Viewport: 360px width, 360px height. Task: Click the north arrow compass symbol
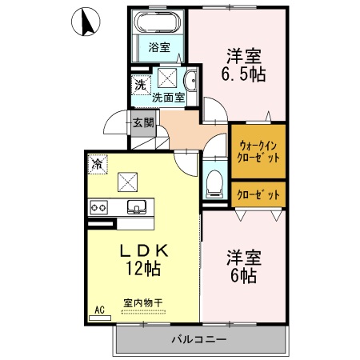click(86, 22)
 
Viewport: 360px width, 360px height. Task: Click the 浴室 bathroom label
click(159, 47)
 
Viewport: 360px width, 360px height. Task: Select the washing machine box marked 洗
click(141, 86)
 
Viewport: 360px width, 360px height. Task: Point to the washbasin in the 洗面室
click(191, 81)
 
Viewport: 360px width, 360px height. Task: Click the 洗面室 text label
click(169, 98)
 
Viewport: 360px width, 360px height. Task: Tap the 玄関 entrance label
click(143, 123)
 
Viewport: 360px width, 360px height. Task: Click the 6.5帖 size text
click(243, 74)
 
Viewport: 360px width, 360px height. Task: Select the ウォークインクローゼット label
click(258, 152)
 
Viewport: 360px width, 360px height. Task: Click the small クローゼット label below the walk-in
click(258, 195)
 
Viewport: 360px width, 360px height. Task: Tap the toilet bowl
click(214, 184)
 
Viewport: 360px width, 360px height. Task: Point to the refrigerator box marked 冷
click(98, 164)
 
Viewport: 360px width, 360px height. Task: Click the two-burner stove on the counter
click(98, 207)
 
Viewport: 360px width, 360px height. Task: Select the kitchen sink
click(137, 207)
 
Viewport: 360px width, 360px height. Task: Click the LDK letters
click(144, 250)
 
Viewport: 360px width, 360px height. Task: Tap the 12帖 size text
click(143, 269)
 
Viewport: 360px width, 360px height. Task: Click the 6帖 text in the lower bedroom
click(243, 276)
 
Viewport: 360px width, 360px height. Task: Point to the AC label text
click(99, 310)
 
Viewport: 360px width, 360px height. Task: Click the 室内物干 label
click(143, 303)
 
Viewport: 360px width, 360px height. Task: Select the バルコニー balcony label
click(199, 339)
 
